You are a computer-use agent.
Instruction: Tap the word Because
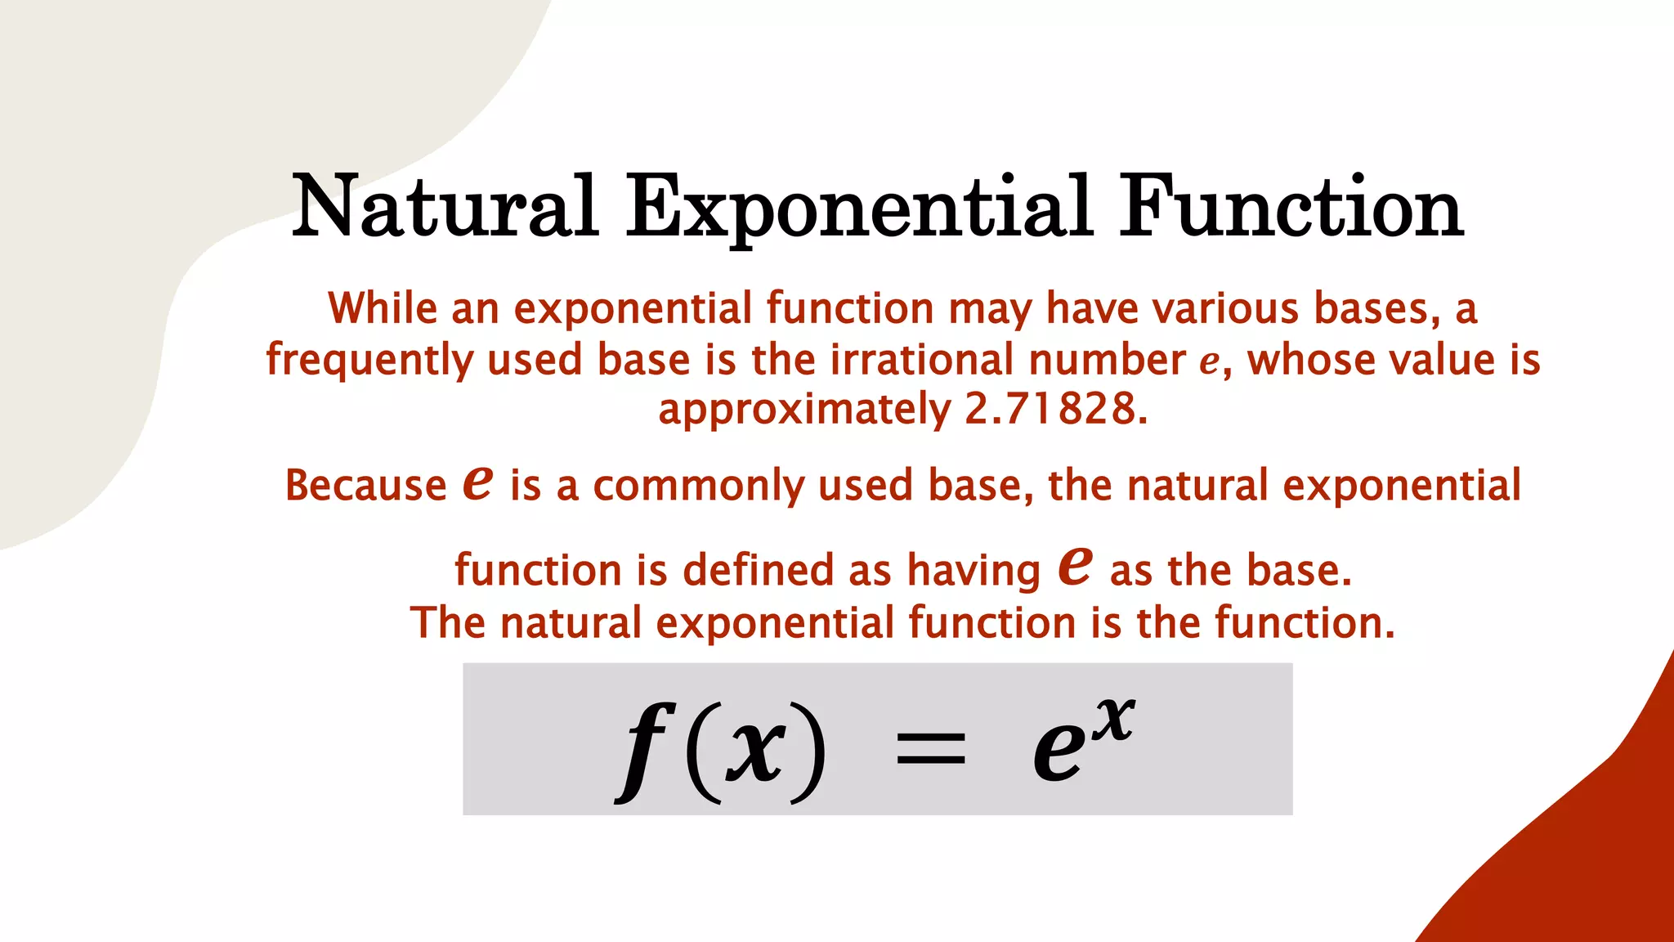365,485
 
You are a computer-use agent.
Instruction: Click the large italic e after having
1075,565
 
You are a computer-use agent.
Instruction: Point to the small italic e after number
1209,362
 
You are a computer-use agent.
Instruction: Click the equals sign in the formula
930,749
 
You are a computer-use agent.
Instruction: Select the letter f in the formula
646,749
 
